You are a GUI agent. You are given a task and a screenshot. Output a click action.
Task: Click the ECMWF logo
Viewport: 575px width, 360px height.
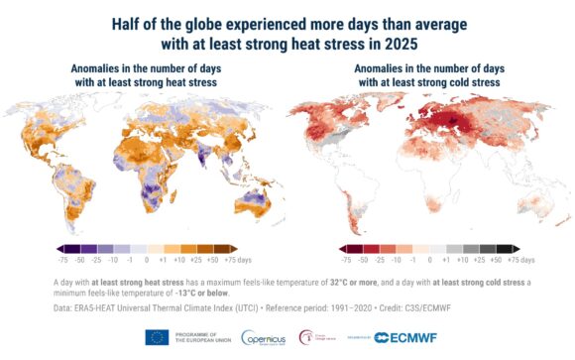click(x=399, y=338)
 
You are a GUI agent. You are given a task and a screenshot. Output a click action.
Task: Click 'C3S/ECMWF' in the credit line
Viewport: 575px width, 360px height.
click(x=431, y=308)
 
